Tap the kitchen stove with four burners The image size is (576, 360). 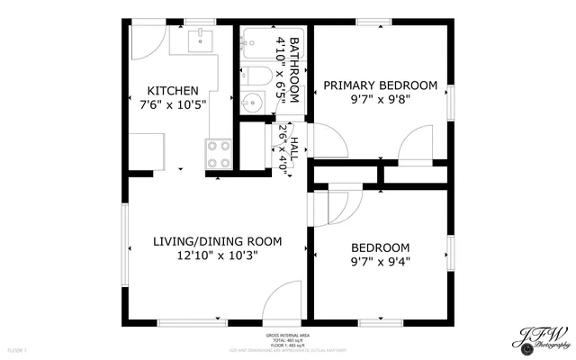219,155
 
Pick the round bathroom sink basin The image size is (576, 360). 251,103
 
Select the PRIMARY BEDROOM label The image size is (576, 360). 380,85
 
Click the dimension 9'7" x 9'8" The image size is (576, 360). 380,101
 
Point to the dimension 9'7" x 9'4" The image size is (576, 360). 380,263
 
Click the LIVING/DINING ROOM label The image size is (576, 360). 217,241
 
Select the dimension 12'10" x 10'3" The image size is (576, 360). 217,256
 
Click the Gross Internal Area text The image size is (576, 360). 288,335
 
